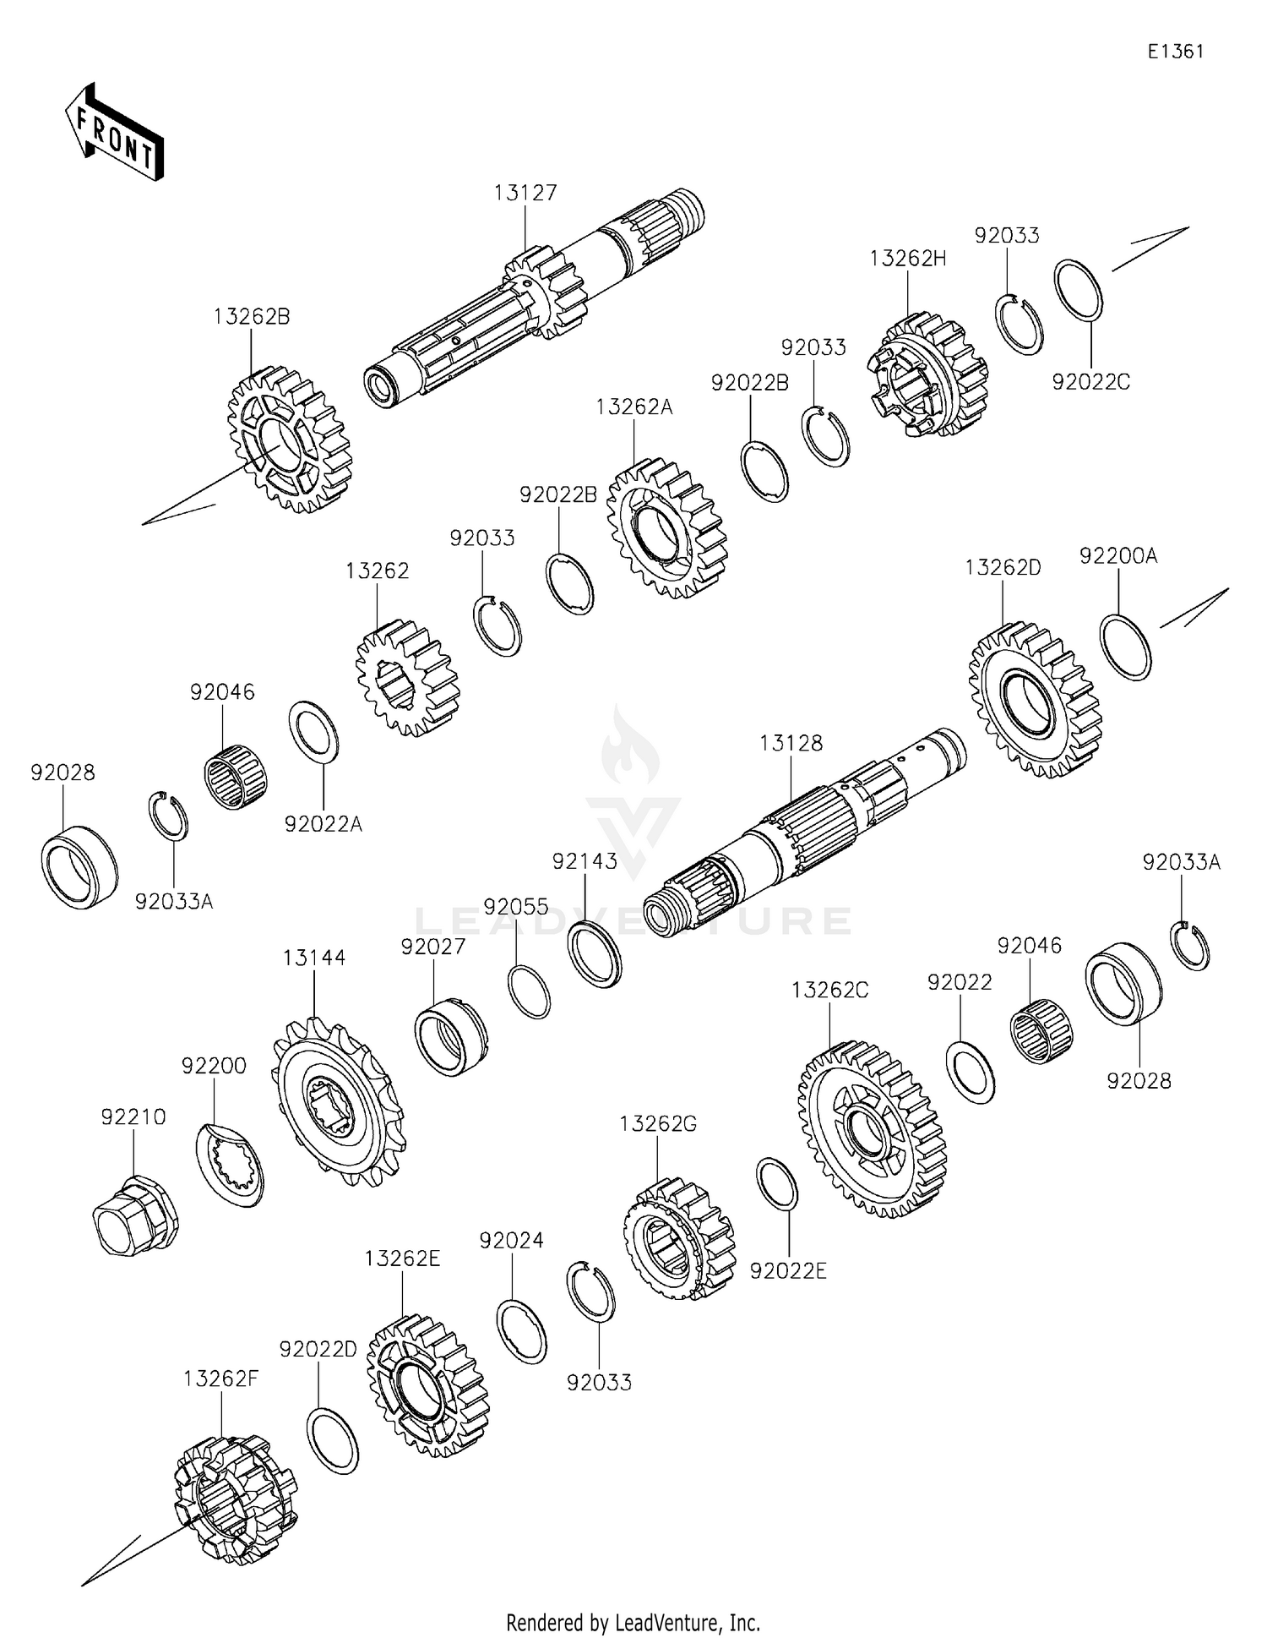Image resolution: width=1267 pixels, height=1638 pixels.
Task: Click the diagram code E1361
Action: [1175, 52]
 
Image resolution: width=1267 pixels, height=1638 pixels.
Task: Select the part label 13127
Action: [525, 194]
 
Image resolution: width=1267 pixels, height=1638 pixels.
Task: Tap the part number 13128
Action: [791, 743]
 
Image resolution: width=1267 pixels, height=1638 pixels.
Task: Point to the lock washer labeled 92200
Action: [230, 1164]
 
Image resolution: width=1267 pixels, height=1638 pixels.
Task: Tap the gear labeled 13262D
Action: [1036, 700]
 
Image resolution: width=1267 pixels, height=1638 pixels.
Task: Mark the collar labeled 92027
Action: [451, 1036]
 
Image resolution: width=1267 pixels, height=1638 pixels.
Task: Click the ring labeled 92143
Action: [595, 956]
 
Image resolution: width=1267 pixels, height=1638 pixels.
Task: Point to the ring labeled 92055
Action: [530, 991]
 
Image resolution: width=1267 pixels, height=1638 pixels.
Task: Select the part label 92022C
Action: [1090, 382]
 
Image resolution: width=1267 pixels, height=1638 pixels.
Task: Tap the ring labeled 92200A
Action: [1126, 647]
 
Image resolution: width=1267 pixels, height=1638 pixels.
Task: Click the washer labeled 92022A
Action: [314, 731]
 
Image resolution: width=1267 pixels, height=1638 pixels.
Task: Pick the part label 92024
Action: [511, 1241]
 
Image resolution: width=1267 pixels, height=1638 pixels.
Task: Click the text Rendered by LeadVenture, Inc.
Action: [633, 1622]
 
